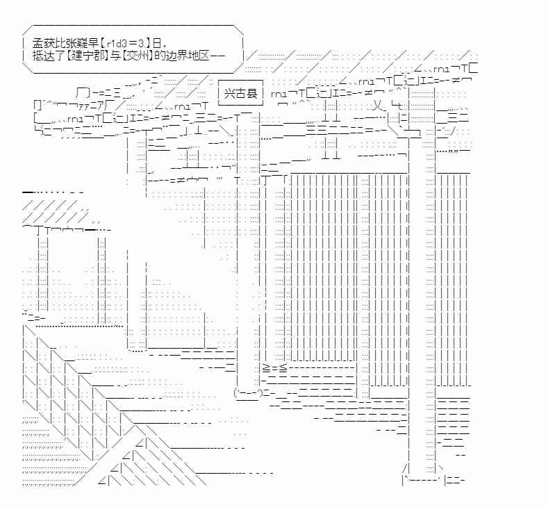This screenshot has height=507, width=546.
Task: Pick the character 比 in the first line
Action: (x=58, y=42)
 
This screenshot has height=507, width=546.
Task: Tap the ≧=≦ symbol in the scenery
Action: (x=274, y=367)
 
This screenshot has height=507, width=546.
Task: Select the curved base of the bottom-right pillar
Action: (x=420, y=479)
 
